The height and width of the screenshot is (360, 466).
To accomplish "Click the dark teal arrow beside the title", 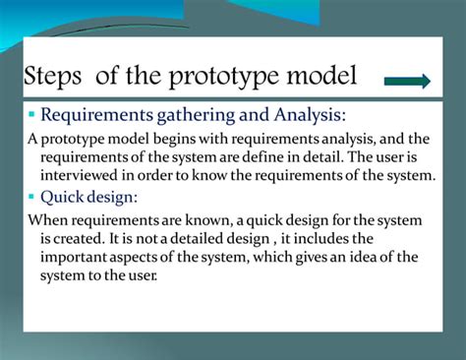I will pyautogui.click(x=406, y=81).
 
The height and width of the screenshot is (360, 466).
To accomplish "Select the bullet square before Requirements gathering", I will pyautogui.click(x=31, y=116).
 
